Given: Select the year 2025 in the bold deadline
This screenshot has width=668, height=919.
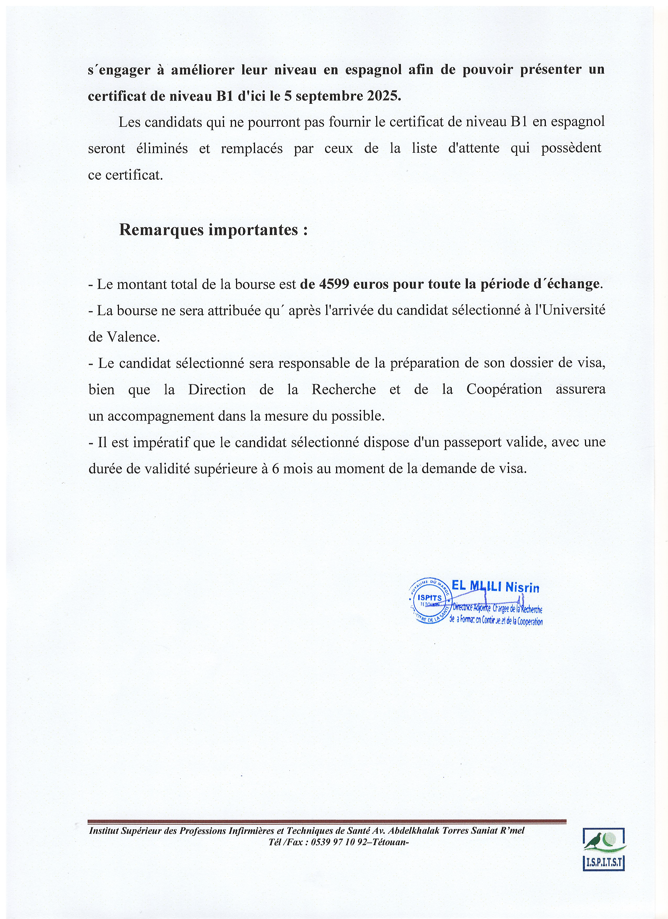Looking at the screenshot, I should [382, 96].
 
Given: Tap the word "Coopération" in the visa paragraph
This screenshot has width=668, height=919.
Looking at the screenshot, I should [504, 389].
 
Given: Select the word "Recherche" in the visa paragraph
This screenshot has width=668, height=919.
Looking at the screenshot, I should [343, 389].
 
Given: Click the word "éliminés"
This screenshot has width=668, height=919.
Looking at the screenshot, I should [162, 148].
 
